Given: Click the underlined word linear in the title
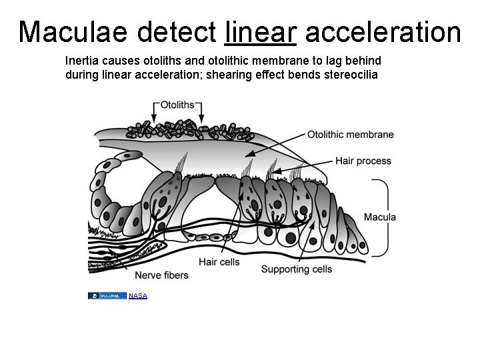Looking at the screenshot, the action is point(262,31).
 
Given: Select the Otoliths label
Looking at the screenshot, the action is point(177,105).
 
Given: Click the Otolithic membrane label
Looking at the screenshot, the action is point(350,135).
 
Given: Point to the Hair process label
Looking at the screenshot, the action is point(363,161).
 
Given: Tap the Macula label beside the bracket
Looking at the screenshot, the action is point(380,217).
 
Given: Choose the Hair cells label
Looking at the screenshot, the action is point(219,262).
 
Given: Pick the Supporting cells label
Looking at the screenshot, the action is point(296,269).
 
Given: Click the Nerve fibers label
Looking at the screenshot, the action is point(161,275).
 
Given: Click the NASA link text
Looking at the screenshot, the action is point(138,295).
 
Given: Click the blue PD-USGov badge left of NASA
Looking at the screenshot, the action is point(107,295).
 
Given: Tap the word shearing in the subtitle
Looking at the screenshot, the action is point(226,74).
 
